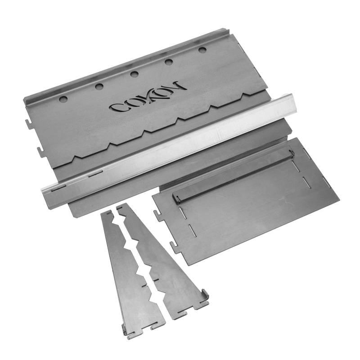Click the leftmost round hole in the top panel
[63, 99]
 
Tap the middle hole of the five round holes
[134, 74]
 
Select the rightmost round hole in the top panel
[202, 50]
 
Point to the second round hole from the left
[99, 86]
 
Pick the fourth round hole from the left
[169, 62]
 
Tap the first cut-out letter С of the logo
[120, 107]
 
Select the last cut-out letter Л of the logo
[176, 87]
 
